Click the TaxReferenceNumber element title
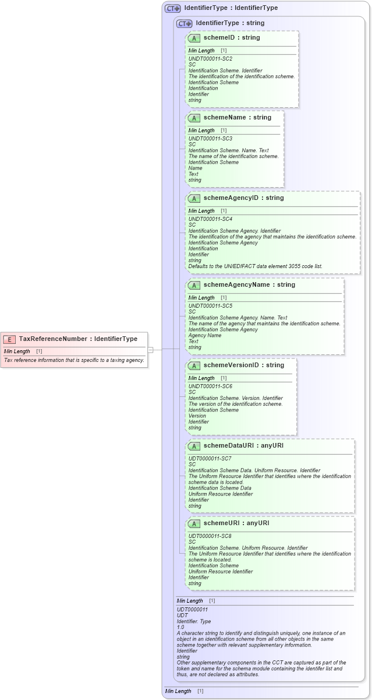coord(78,339)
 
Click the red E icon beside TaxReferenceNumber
coord(9,339)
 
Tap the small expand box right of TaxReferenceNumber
coord(150,350)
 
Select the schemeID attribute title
coord(231,37)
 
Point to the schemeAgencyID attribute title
coord(243,198)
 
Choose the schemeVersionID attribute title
coord(243,365)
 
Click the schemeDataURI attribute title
coord(243,445)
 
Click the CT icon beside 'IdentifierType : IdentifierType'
coord(173,8)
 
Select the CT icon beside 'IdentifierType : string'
coord(185,23)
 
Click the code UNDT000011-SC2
coord(210,59)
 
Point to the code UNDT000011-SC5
coord(210,306)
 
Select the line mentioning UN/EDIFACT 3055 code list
coord(255,266)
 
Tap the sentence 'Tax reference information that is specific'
coord(74,360)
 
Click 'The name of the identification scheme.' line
coord(233,156)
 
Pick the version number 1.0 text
coord(180,627)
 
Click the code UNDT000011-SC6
coord(210,386)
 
